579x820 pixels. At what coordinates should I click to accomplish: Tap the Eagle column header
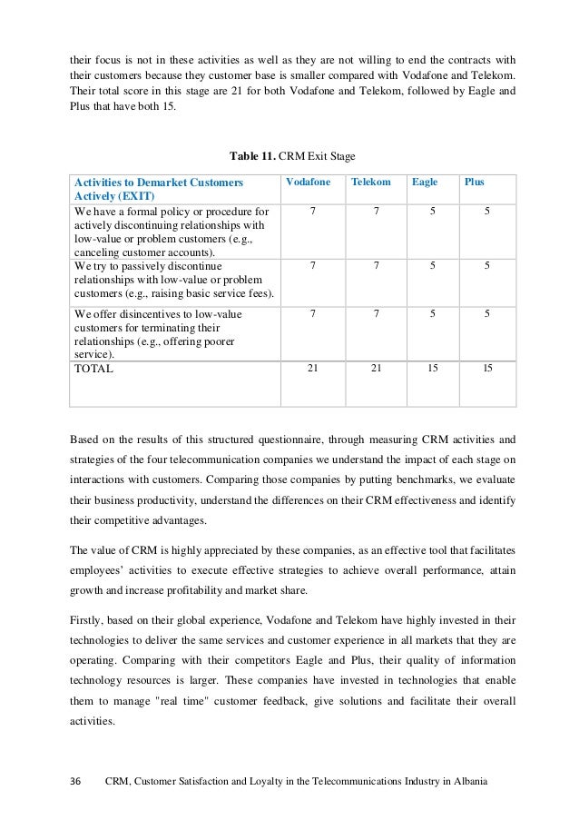pos(425,183)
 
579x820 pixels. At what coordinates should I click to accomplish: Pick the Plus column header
pos(474,183)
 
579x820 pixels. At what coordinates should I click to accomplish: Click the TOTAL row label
pos(94,370)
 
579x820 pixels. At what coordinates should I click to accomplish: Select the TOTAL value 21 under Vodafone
pos(313,369)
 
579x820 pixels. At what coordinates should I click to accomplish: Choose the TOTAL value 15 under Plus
pos(488,369)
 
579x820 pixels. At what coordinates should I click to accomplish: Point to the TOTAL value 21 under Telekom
pos(376,369)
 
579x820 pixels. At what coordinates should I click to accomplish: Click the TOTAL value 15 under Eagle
pos(432,369)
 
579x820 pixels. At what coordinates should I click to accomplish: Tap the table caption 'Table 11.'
pos(255,156)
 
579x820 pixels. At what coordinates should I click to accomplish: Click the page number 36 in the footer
pos(76,782)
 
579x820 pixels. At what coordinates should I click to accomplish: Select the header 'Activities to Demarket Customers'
pos(153,183)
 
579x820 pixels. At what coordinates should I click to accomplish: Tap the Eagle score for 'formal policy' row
pos(432,211)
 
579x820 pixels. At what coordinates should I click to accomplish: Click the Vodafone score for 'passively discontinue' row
pos(313,266)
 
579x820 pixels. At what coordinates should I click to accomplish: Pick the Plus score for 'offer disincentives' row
pos(488,313)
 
